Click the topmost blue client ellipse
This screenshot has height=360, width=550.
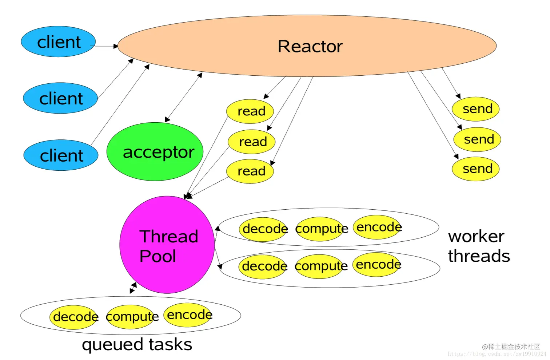(x=58, y=41)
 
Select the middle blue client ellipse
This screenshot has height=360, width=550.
(x=60, y=98)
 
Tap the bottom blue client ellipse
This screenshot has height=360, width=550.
(x=61, y=155)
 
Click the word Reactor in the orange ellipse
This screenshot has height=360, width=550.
(x=310, y=46)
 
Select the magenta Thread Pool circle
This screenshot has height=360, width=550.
(x=167, y=245)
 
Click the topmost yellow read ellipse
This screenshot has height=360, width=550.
(x=250, y=111)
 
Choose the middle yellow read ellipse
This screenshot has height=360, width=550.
(x=252, y=142)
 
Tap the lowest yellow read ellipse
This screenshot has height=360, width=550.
(x=250, y=171)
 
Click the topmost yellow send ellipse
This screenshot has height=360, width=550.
(x=476, y=109)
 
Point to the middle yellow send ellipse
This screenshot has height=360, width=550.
(x=477, y=139)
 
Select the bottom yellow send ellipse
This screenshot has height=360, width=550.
(x=476, y=169)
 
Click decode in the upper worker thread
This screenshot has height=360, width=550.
(x=264, y=229)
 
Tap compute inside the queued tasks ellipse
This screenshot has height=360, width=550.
(x=132, y=317)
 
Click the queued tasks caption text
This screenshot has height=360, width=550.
(x=137, y=344)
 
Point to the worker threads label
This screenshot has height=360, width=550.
(x=478, y=246)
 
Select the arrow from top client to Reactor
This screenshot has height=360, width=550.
(x=104, y=46)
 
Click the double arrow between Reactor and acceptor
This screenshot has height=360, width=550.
(x=184, y=97)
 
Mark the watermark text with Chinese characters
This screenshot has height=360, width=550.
(x=511, y=346)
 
